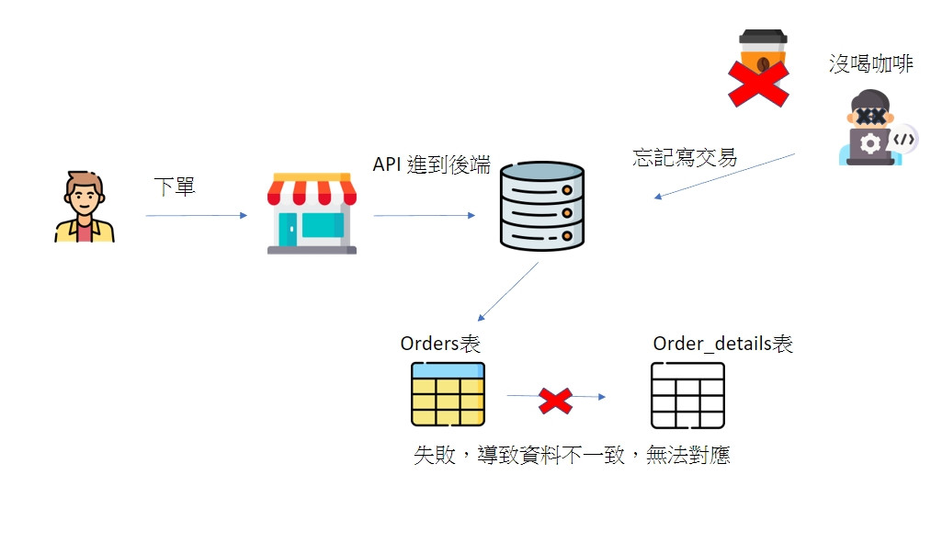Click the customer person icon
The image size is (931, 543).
click(84, 207)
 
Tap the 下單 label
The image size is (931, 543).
click(174, 187)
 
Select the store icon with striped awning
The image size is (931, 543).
click(312, 212)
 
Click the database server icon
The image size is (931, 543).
click(542, 206)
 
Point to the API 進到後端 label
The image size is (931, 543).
click(431, 164)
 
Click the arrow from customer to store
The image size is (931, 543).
click(196, 216)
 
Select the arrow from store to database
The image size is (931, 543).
click(424, 216)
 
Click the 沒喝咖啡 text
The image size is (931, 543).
click(870, 64)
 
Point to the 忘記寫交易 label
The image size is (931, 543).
click(685, 157)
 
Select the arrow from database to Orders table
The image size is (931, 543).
click(508, 291)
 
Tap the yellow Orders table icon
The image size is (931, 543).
click(448, 394)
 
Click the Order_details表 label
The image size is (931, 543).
click(722, 344)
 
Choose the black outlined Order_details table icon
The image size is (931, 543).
click(687, 395)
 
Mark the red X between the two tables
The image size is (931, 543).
click(555, 400)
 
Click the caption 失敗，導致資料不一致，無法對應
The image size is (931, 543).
click(572, 454)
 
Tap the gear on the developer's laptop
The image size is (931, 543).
click(869, 143)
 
